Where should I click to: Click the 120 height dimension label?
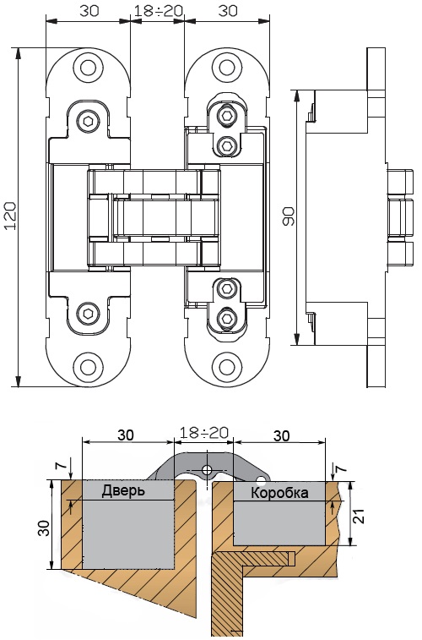(11, 216)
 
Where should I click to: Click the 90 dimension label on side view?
(289, 216)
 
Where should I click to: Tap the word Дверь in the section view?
(123, 490)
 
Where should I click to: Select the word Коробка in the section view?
(279, 493)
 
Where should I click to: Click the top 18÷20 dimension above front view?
(158, 11)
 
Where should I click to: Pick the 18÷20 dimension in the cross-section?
(204, 433)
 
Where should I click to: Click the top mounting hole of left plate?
(88, 68)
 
